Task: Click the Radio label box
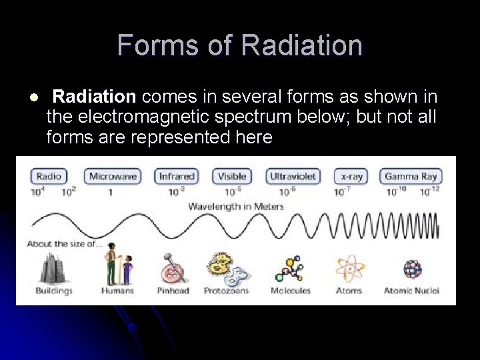pos(49,177)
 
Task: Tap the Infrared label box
pos(176,177)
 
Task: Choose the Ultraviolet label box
pos(293,177)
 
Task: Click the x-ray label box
pos(351,177)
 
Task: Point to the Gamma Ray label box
pos(411,177)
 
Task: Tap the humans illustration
pos(117,266)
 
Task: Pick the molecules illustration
pos(291,269)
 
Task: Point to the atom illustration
pos(349,269)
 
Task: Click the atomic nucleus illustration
pos(412,269)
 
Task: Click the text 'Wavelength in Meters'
pos(236,206)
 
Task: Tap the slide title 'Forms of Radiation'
pos(240,45)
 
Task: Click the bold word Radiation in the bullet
pos(94,97)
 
